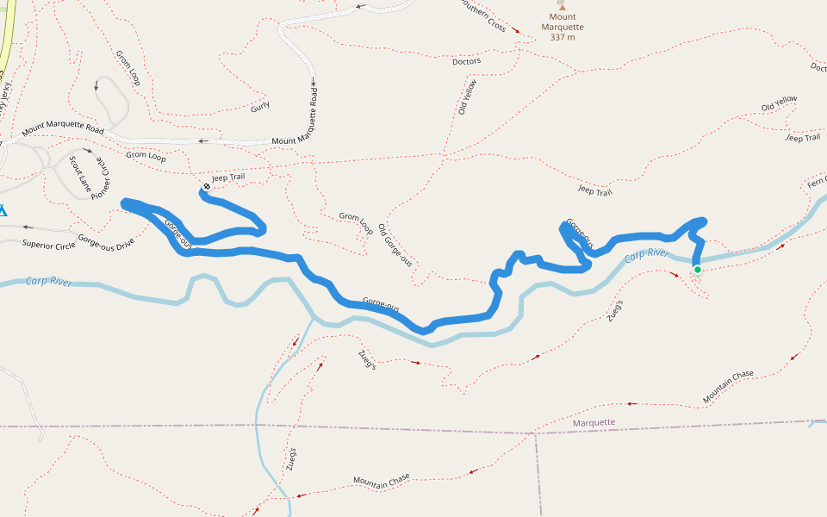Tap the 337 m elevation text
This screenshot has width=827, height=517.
563,37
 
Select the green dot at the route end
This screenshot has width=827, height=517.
697,270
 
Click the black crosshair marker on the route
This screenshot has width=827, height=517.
207,187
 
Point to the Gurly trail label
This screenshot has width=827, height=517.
260,106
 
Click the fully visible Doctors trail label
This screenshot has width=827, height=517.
466,62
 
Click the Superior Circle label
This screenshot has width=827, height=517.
49,244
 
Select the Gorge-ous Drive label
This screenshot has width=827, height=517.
106,240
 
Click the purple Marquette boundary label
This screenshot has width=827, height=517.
594,422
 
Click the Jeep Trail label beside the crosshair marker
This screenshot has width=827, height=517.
228,178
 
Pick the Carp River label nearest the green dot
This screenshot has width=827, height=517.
647,254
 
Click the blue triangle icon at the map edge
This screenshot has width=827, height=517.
3,209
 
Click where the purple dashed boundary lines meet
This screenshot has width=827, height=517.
535,433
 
